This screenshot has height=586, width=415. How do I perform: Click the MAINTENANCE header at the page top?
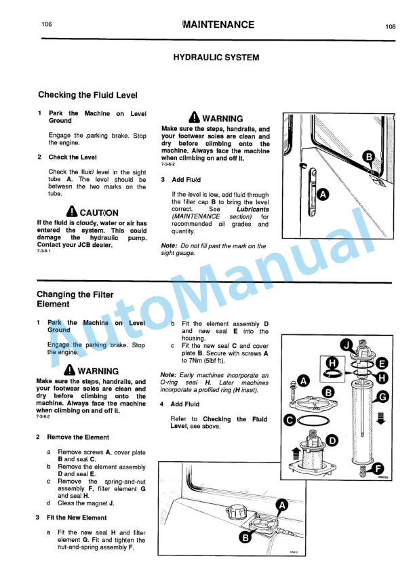pos(214,25)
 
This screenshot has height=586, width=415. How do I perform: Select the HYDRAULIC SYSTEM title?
pos(216,58)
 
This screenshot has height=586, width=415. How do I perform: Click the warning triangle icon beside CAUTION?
pos(72,212)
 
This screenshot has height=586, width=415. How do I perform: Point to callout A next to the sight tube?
pos(323,195)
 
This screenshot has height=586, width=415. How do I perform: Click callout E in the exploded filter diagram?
pos(382,363)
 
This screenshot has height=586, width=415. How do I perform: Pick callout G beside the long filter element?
pos(383,396)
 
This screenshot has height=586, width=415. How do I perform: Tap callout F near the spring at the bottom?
pos(378,467)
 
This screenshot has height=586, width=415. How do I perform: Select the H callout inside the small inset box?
pos(332,364)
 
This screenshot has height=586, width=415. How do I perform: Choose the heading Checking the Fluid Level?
pos(87,95)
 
